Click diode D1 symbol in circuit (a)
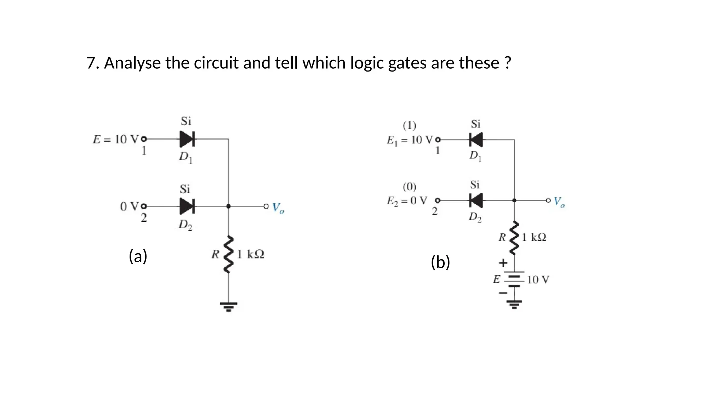(x=187, y=139)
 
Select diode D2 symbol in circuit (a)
(x=187, y=206)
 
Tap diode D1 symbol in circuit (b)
(x=476, y=140)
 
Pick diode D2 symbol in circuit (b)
(x=476, y=200)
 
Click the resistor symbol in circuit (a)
(x=229, y=254)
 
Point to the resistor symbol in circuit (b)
(x=514, y=238)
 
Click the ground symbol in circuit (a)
(x=229, y=306)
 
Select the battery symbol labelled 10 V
(x=514, y=280)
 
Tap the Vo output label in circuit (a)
(x=278, y=208)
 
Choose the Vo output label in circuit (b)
(x=559, y=202)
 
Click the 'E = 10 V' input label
(x=116, y=140)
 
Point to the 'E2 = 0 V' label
(x=407, y=201)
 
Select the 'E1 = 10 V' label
(x=409, y=140)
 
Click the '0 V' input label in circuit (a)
(x=129, y=206)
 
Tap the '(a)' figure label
(x=138, y=256)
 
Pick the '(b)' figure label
(x=440, y=262)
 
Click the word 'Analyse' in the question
(x=133, y=63)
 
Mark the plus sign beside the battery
(x=503, y=263)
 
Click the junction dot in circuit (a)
(x=229, y=206)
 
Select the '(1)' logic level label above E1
(x=410, y=125)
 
